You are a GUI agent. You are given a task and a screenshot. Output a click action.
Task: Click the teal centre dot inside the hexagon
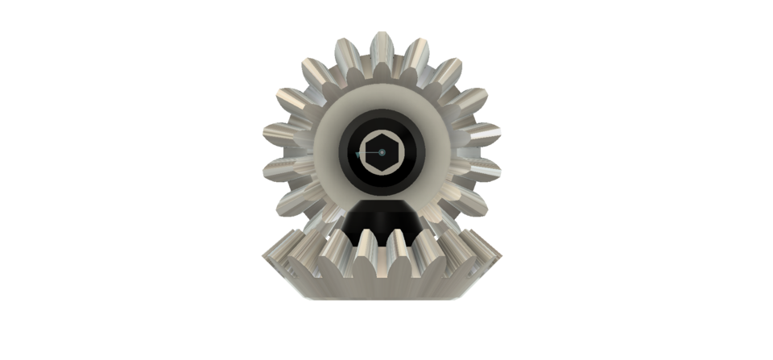(x=382, y=152)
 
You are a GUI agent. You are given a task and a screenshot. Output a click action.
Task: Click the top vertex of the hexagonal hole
(x=382, y=134)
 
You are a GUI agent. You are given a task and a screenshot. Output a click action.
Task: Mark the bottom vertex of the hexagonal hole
(x=382, y=172)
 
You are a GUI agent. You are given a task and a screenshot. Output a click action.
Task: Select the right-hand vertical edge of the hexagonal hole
(x=398, y=152)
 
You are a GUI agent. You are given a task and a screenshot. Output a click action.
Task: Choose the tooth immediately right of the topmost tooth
(x=413, y=50)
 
